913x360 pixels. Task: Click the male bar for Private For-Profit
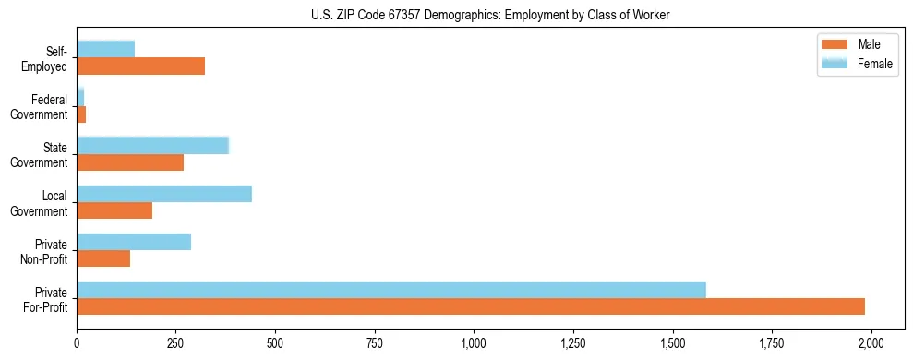pyautogui.click(x=471, y=306)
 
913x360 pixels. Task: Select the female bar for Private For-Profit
pyautogui.click(x=391, y=290)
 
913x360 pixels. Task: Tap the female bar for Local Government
pyautogui.click(x=164, y=194)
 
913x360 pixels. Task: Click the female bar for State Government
pyautogui.click(x=152, y=146)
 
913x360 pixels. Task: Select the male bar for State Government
pyautogui.click(x=130, y=162)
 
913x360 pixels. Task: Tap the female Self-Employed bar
pyautogui.click(x=105, y=50)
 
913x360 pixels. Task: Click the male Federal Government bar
pyautogui.click(x=81, y=114)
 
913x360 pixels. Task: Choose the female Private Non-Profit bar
pyautogui.click(x=134, y=242)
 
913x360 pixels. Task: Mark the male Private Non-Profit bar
pyautogui.click(x=103, y=258)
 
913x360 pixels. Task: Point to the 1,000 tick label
pyautogui.click(x=474, y=343)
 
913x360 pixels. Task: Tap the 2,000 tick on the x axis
pyautogui.click(x=871, y=343)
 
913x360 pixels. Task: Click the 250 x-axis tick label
pyautogui.click(x=176, y=343)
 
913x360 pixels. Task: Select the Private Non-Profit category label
pyautogui.click(x=45, y=251)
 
